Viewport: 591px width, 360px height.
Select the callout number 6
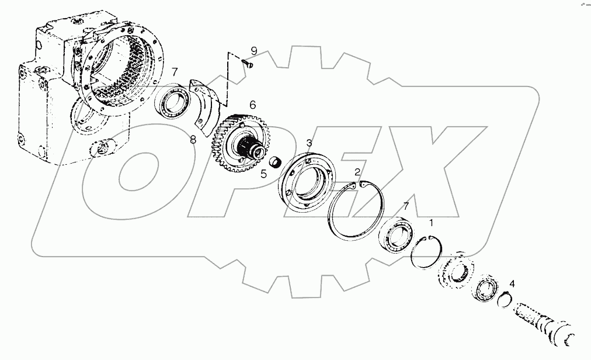pyautogui.click(x=253, y=105)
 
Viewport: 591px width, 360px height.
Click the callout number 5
pyautogui.click(x=263, y=173)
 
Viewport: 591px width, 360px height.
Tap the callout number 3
pyautogui.click(x=309, y=143)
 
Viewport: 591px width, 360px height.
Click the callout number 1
pyautogui.click(x=432, y=222)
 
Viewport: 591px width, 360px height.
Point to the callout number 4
pyautogui.click(x=512, y=284)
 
